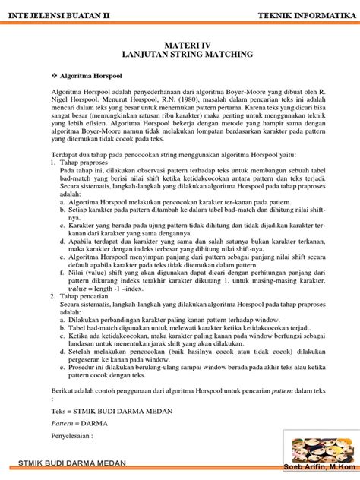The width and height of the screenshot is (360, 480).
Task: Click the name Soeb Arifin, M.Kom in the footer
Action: click(320, 466)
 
